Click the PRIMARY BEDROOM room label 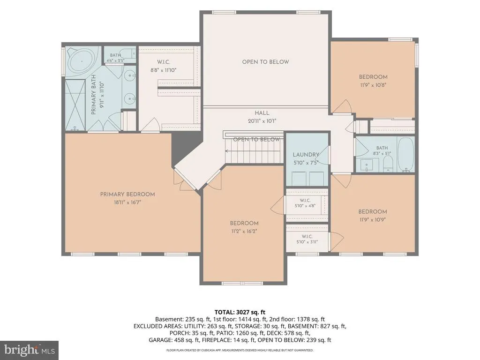pos(127,194)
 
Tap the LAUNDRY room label pos(306,155)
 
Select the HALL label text pos(262,113)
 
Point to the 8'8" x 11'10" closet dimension pos(164,70)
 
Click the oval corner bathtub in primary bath pos(82,61)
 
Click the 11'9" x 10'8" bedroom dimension pos(373,85)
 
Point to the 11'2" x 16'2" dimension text pos(244,231)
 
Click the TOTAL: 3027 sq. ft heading pos(240,312)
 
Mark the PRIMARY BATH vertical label pos(94,95)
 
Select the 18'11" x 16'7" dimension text pos(127,202)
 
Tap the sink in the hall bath pos(367,165)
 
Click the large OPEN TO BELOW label pos(265,62)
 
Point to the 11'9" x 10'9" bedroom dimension pos(373,220)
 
